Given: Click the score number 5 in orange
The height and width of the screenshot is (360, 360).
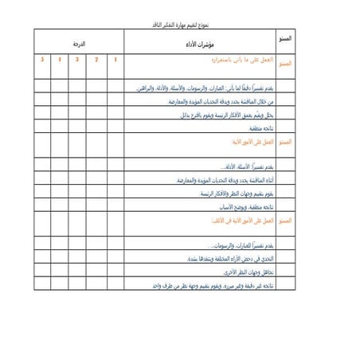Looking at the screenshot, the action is (x=41, y=61).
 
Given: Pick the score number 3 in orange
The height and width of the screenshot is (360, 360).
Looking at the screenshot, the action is (x=77, y=61).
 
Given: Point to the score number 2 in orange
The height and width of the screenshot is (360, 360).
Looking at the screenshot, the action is (x=96, y=61).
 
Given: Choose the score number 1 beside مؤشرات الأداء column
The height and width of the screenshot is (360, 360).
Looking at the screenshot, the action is (x=116, y=61).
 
